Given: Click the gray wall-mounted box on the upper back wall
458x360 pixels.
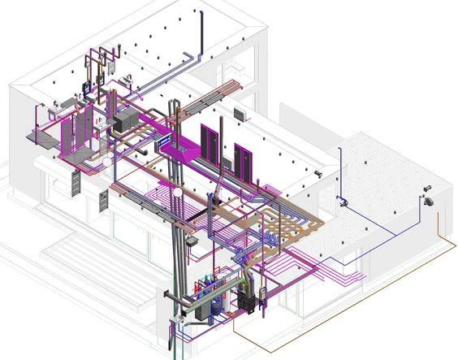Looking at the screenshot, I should click(x=240, y=112).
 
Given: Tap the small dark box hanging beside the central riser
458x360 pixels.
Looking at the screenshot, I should click(x=192, y=241).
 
